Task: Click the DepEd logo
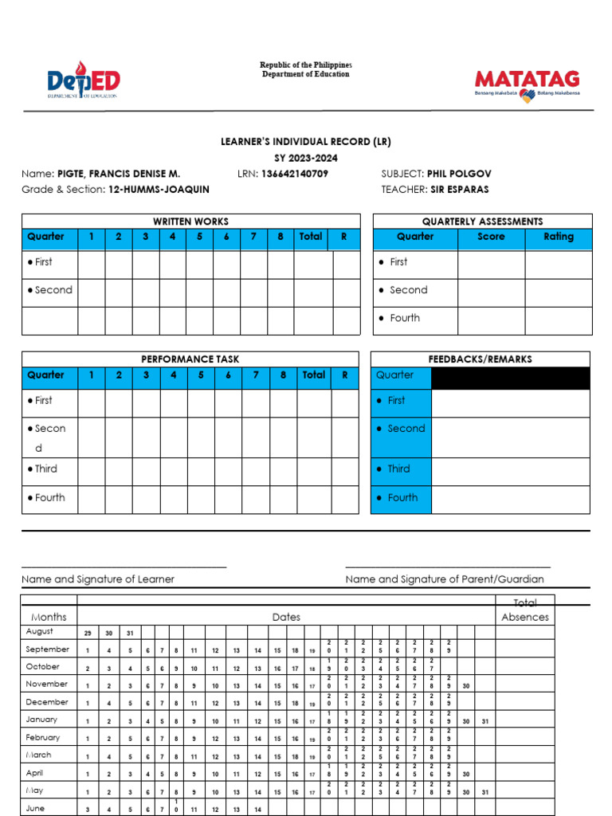pyautogui.click(x=83, y=80)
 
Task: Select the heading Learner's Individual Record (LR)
pyautogui.click(x=305, y=142)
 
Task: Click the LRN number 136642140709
pyautogui.click(x=294, y=174)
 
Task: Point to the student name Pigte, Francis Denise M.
pyautogui.click(x=118, y=174)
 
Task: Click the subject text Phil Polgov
pyautogui.click(x=458, y=174)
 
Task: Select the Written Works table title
pyautogui.click(x=190, y=222)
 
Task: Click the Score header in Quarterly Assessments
pyautogui.click(x=491, y=237)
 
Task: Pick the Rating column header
pyautogui.click(x=558, y=237)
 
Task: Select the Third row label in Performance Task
pyautogui.click(x=45, y=469)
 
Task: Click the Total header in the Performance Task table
pyautogui.click(x=313, y=375)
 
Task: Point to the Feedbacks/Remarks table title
pyautogui.click(x=480, y=359)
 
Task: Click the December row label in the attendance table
pyautogui.click(x=47, y=702)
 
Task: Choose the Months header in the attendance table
pyautogui.click(x=49, y=617)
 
